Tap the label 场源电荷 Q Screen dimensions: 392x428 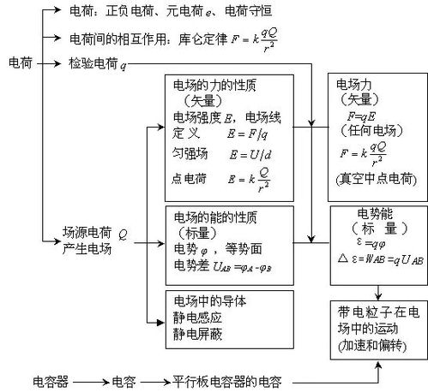pos(94,231)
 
